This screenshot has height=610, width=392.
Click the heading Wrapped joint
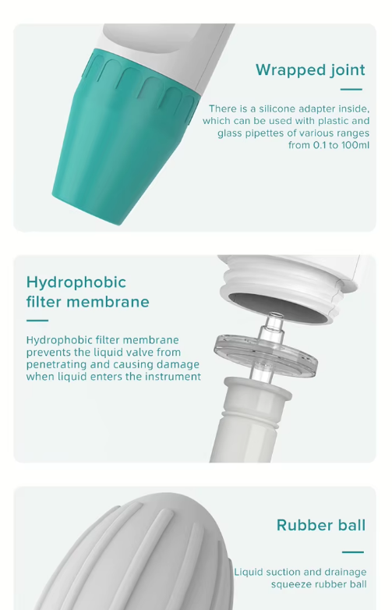click(x=310, y=70)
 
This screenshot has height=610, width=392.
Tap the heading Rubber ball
click(x=321, y=525)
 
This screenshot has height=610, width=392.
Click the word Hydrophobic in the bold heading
click(x=76, y=283)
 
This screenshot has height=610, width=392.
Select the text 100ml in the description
click(x=355, y=145)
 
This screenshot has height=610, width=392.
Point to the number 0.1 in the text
click(x=320, y=145)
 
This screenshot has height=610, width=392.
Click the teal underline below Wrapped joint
click(x=351, y=90)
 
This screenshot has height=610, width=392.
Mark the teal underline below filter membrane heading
click(x=37, y=321)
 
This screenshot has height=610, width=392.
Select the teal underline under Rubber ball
click(x=353, y=551)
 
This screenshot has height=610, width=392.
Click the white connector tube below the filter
click(x=249, y=420)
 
